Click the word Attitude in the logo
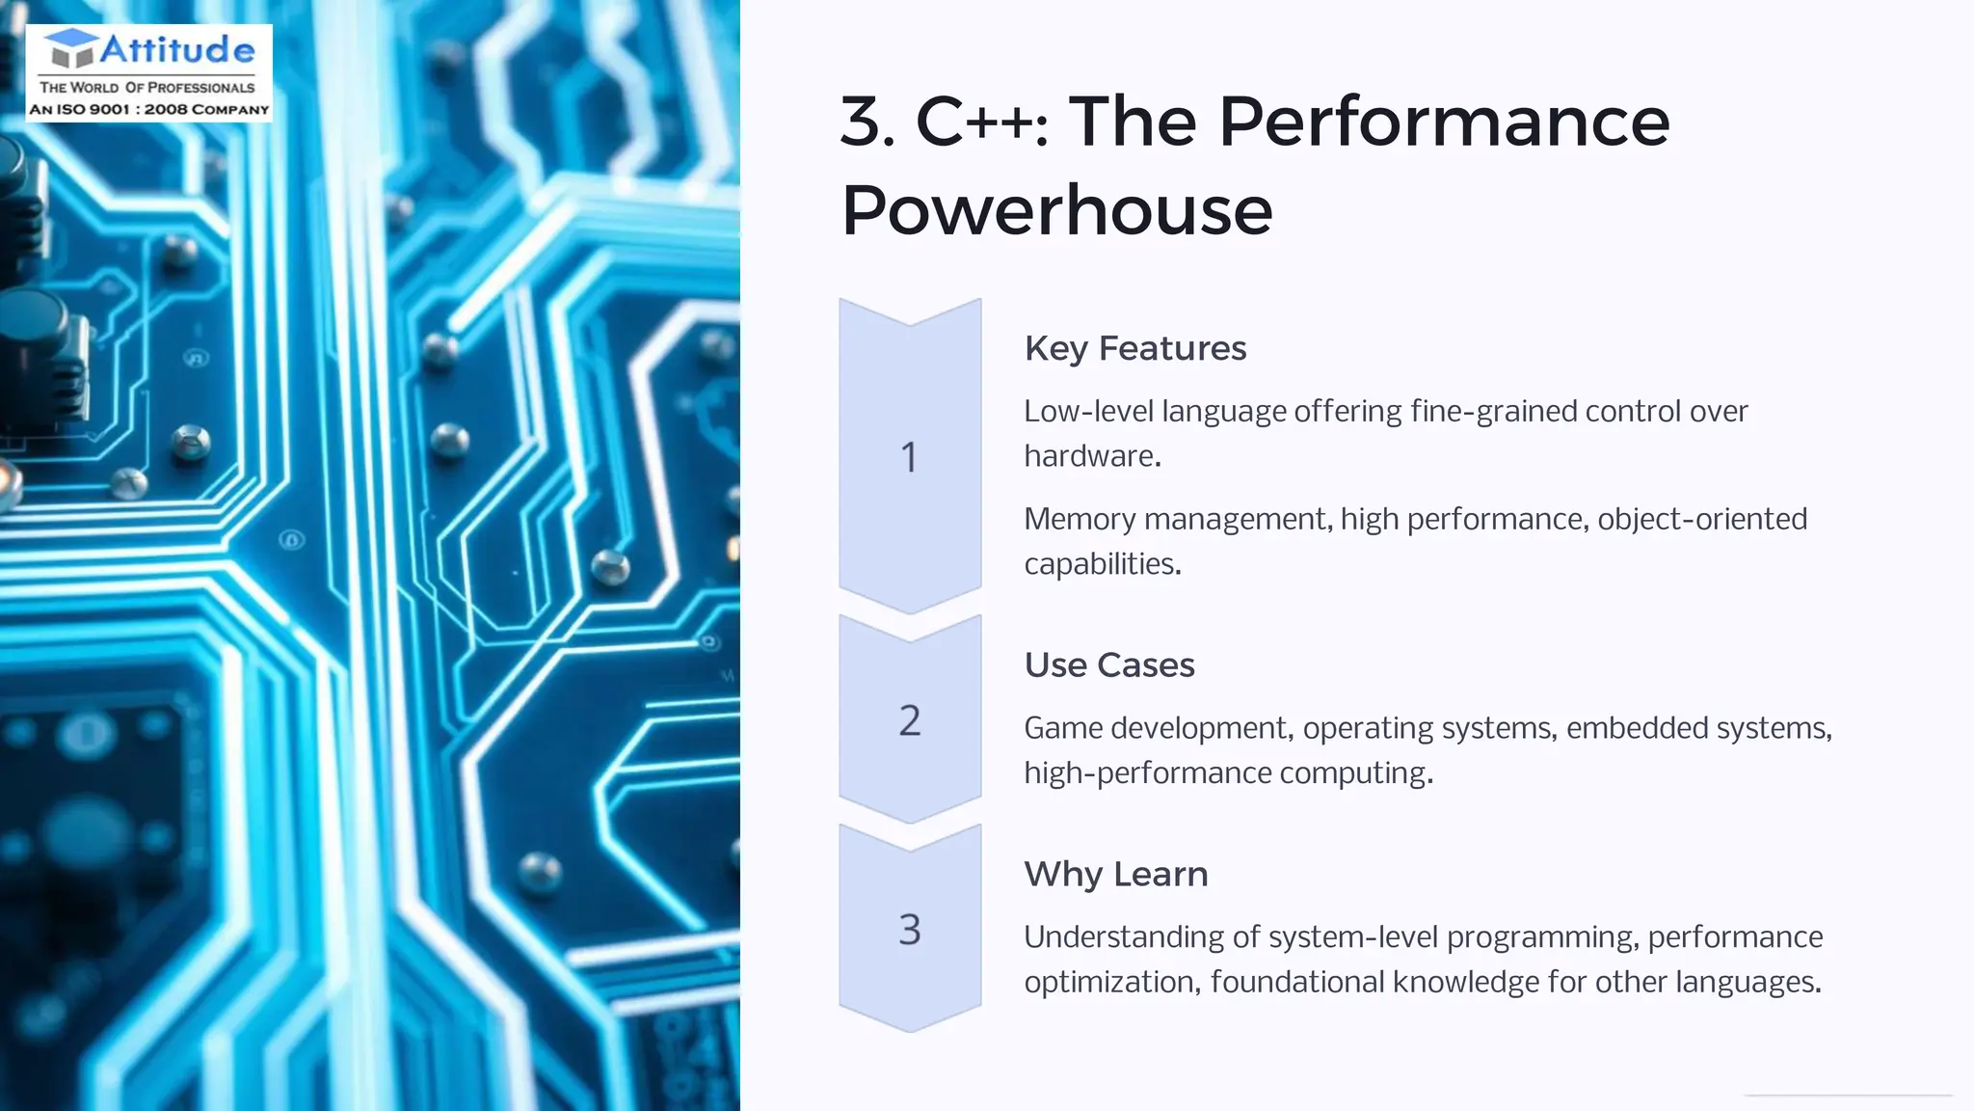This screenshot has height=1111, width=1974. click(x=177, y=49)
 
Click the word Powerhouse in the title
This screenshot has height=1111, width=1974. click(x=1056, y=210)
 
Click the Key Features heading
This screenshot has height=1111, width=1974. click(x=1134, y=348)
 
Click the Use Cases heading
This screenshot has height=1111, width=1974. click(x=1108, y=665)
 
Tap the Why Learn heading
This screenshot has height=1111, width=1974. click(x=1115, y=875)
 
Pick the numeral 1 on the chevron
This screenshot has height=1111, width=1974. click(x=909, y=457)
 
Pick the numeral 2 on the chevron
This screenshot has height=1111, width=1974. click(x=909, y=720)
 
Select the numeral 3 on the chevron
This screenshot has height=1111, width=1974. click(x=909, y=930)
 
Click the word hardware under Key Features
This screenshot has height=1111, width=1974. click(x=1090, y=456)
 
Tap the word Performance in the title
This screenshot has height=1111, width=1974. click(x=1443, y=122)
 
